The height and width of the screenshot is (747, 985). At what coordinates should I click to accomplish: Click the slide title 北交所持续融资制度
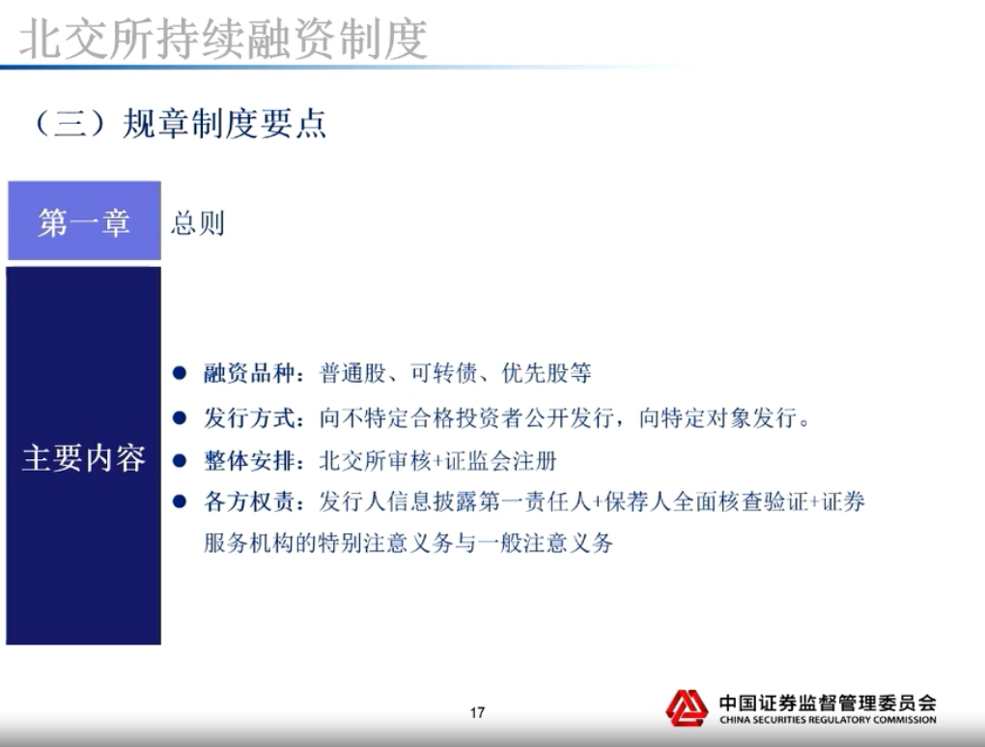tap(224, 39)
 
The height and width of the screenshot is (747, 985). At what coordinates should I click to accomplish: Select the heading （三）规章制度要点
tap(180, 124)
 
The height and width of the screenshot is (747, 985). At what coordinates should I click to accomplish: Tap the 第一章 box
tap(84, 220)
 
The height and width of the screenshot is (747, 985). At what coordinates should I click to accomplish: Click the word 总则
tap(198, 223)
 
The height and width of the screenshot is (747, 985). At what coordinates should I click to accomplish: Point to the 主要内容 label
tap(84, 458)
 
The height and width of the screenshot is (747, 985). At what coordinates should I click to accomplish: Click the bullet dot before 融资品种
tap(180, 373)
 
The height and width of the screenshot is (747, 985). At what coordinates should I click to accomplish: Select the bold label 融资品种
tap(249, 373)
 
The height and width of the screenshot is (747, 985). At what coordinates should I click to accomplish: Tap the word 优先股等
tap(547, 373)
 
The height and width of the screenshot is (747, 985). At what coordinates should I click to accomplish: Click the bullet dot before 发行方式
tap(180, 417)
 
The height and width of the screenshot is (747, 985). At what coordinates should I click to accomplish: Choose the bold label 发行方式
tap(249, 417)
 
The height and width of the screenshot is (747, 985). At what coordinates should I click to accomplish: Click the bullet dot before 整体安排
tap(180, 461)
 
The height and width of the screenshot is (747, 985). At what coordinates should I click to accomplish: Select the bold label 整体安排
tap(249, 461)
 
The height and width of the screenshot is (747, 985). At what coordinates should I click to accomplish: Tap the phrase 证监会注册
tap(500, 461)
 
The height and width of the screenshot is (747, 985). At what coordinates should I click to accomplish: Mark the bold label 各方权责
tap(249, 502)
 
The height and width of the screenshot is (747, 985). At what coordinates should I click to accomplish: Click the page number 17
tap(477, 712)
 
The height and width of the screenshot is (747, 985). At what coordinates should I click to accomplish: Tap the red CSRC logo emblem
tap(688, 708)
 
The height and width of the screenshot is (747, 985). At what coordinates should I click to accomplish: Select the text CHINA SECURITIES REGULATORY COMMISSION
tap(828, 720)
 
